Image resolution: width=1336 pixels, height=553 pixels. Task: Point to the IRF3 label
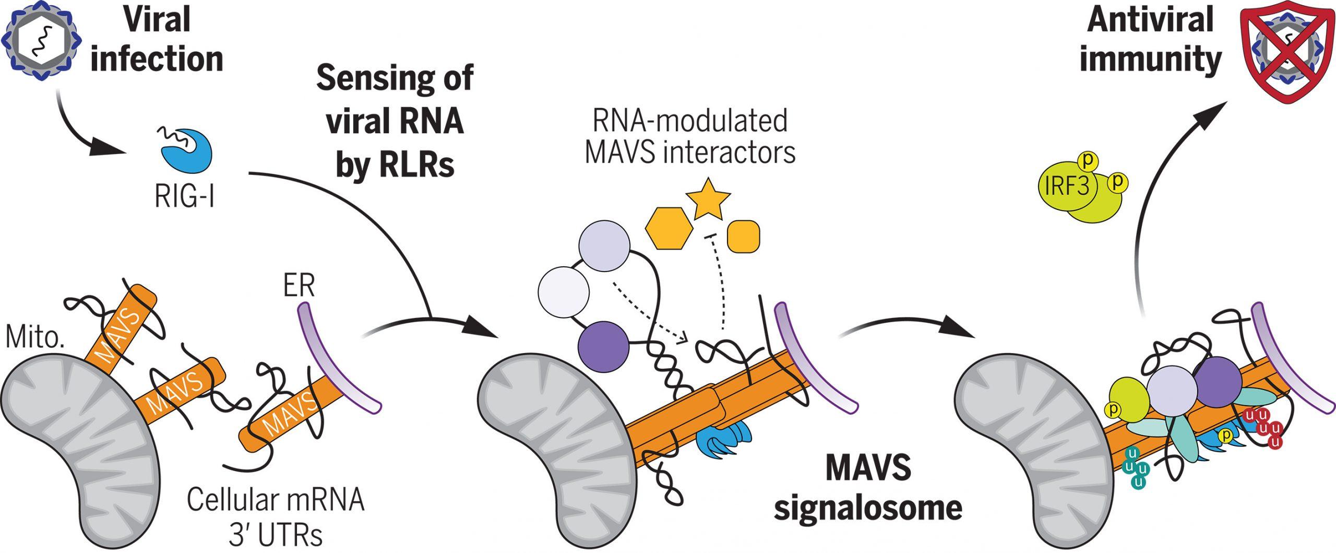(x=1067, y=186)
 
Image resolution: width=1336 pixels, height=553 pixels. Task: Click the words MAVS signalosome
(x=867, y=488)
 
